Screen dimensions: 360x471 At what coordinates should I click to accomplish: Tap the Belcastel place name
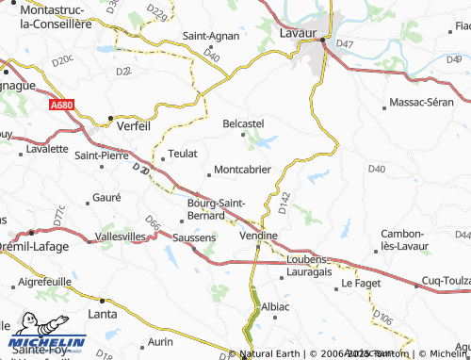243,123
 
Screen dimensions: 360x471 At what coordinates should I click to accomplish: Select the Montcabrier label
243,170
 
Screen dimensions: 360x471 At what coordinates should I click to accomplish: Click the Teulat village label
182,152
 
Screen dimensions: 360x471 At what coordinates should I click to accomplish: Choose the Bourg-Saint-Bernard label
218,208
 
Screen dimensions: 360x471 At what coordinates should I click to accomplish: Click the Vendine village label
256,235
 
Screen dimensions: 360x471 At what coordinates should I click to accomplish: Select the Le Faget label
359,282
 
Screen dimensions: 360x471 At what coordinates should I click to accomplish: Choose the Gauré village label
107,197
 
